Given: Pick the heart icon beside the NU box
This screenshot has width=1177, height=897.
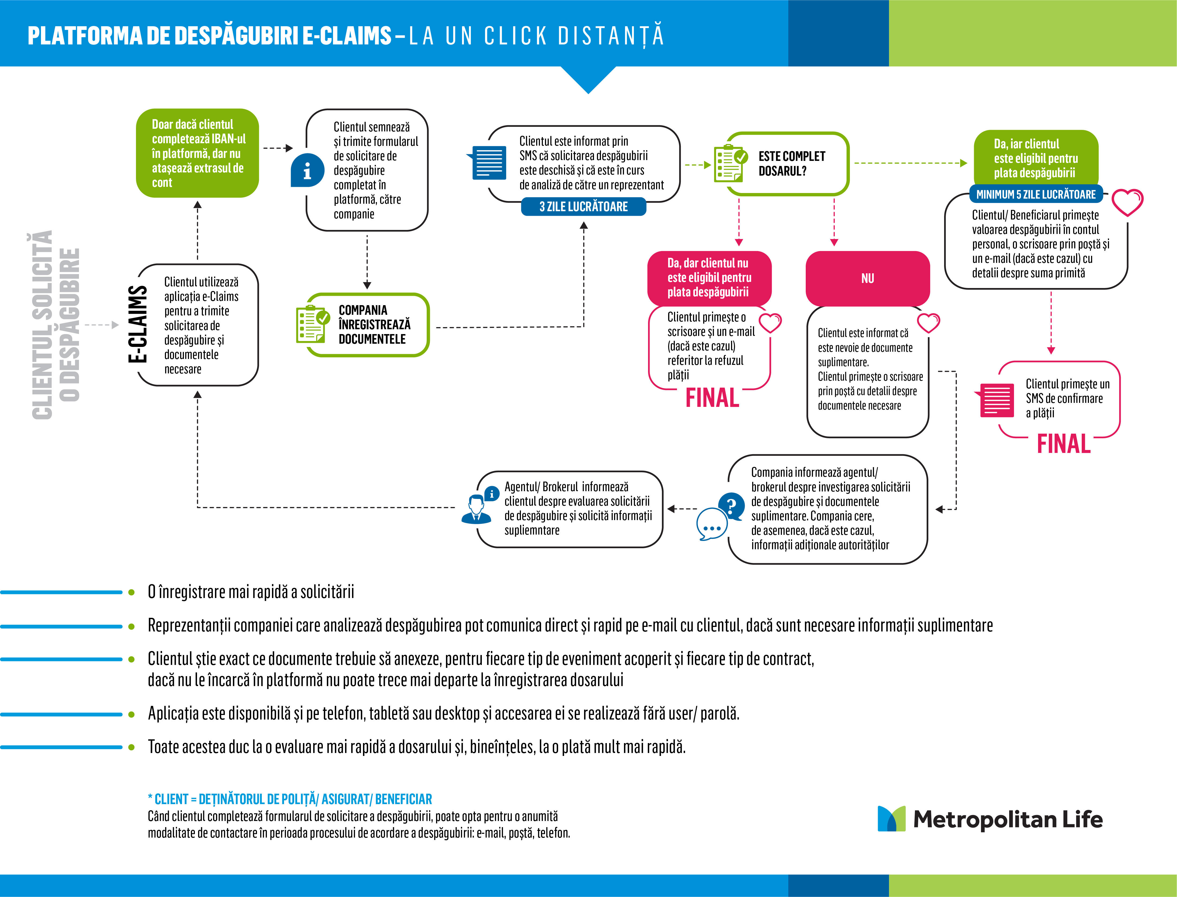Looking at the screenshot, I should [928, 323].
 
